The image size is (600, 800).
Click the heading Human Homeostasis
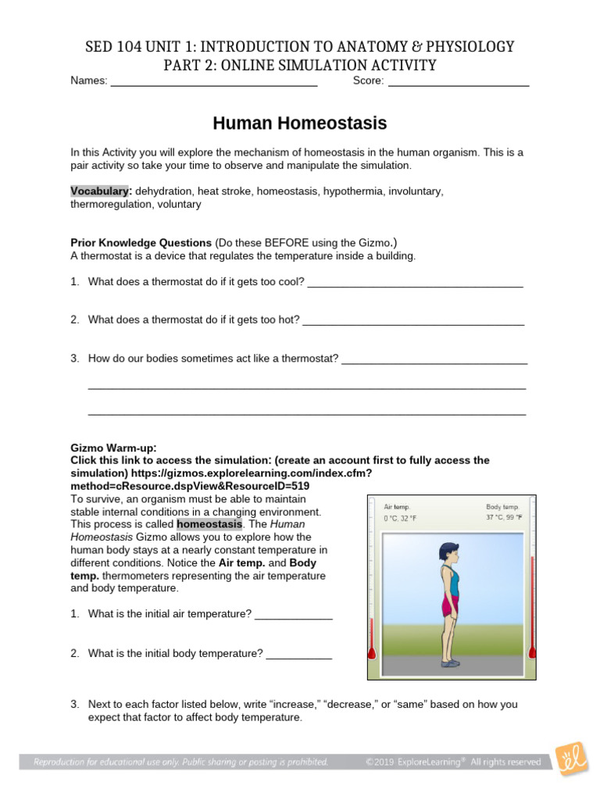click(x=299, y=124)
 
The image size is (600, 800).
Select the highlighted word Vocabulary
click(x=99, y=191)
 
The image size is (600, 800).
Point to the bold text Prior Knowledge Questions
click(x=141, y=243)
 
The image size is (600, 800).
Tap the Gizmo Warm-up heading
click(x=113, y=448)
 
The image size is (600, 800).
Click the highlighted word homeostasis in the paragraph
click(x=209, y=524)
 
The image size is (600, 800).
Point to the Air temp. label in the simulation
click(x=397, y=506)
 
